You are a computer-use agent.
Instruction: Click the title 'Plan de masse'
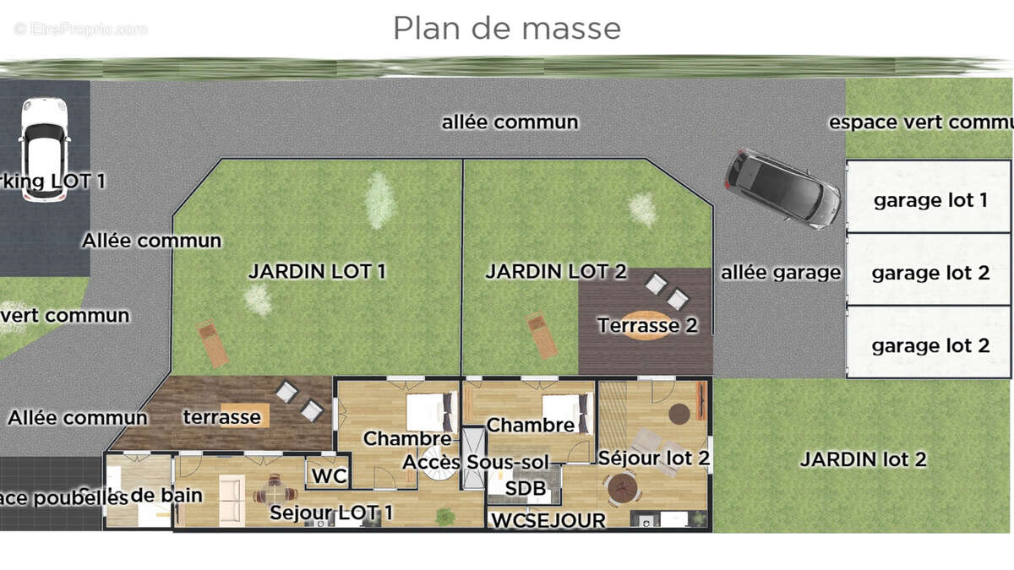coord(507,28)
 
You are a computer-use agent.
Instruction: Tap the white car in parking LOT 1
coord(44,149)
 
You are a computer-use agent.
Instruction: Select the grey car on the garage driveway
coord(782,188)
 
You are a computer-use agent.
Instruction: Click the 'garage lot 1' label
coord(929,200)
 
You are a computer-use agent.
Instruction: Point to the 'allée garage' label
coord(781,272)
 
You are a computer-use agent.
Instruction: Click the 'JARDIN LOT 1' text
coord(317,271)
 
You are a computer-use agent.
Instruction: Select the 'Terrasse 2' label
coord(647,325)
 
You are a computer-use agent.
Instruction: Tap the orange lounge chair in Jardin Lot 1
coord(212,344)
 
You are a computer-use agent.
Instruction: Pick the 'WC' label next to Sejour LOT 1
coord(329,476)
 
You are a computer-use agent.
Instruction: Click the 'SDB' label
coord(525,488)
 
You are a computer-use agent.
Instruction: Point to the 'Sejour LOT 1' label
coord(331,513)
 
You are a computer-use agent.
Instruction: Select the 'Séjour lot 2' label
coord(653,458)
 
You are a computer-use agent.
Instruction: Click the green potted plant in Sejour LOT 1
coord(443,515)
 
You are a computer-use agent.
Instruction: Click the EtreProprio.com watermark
coord(80,29)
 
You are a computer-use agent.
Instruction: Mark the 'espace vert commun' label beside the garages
coord(921,122)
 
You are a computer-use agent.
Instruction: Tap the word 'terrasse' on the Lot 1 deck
coord(221,416)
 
